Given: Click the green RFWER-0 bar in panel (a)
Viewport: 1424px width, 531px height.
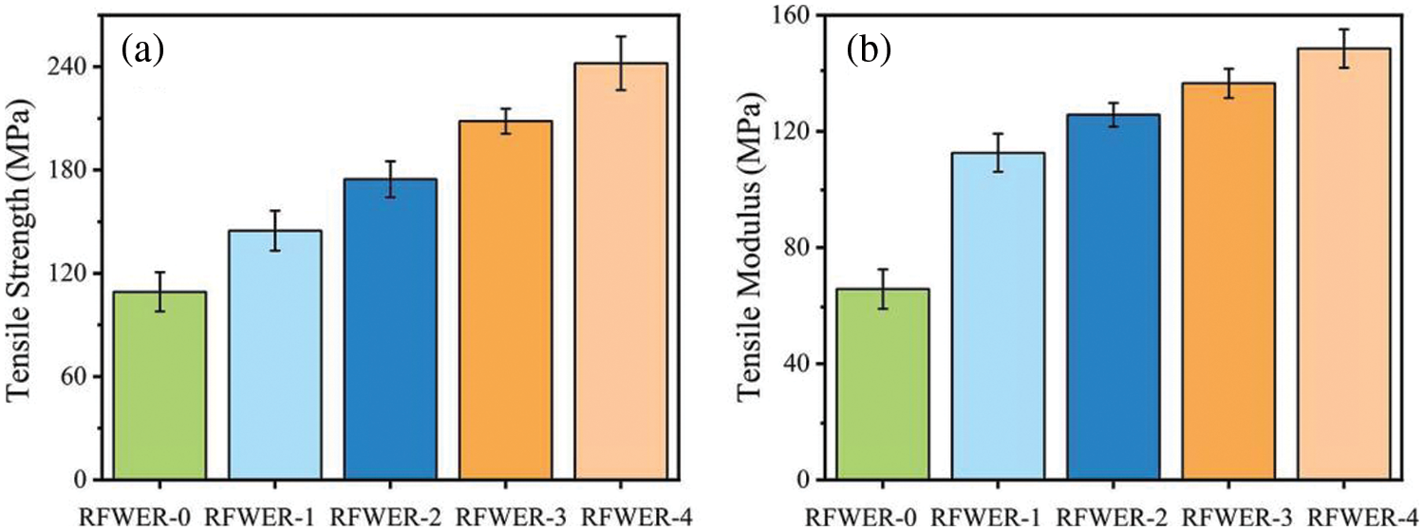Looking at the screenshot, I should (160, 385).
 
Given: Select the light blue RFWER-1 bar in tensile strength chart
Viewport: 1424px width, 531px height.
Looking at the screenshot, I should (275, 354).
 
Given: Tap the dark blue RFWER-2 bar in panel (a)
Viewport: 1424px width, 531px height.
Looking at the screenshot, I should (390, 329).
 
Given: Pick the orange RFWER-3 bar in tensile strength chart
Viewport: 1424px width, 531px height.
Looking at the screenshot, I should (505, 299).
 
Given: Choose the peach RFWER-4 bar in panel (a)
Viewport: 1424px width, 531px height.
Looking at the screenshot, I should (621, 271).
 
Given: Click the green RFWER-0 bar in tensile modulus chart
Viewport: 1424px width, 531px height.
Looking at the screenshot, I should (883, 384).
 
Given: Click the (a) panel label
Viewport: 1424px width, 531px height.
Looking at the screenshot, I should (143, 49).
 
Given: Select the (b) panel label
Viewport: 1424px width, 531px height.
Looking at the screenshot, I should (868, 49).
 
